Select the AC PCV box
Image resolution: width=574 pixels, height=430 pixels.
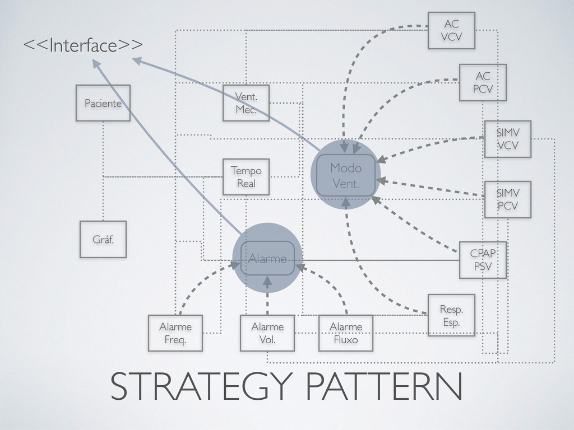click(x=483, y=82)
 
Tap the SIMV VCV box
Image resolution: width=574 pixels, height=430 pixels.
click(x=507, y=139)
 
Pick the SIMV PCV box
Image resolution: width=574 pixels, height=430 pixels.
click(x=507, y=200)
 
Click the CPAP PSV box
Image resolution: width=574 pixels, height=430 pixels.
click(x=483, y=260)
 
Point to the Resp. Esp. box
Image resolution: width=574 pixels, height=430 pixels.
click(x=451, y=315)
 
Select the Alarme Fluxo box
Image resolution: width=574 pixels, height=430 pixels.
click(x=346, y=333)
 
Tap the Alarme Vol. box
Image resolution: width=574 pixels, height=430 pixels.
click(x=267, y=333)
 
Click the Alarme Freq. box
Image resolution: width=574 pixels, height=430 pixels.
click(x=175, y=333)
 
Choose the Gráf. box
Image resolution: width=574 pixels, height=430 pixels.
click(x=103, y=239)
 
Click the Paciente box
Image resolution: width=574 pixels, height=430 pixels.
click(x=103, y=103)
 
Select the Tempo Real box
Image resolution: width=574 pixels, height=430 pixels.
click(x=246, y=176)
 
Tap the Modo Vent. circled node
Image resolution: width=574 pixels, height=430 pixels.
click(x=346, y=175)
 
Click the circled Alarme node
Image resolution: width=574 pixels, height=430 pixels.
click(x=267, y=258)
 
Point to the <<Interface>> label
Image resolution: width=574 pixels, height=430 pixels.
click(x=82, y=44)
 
